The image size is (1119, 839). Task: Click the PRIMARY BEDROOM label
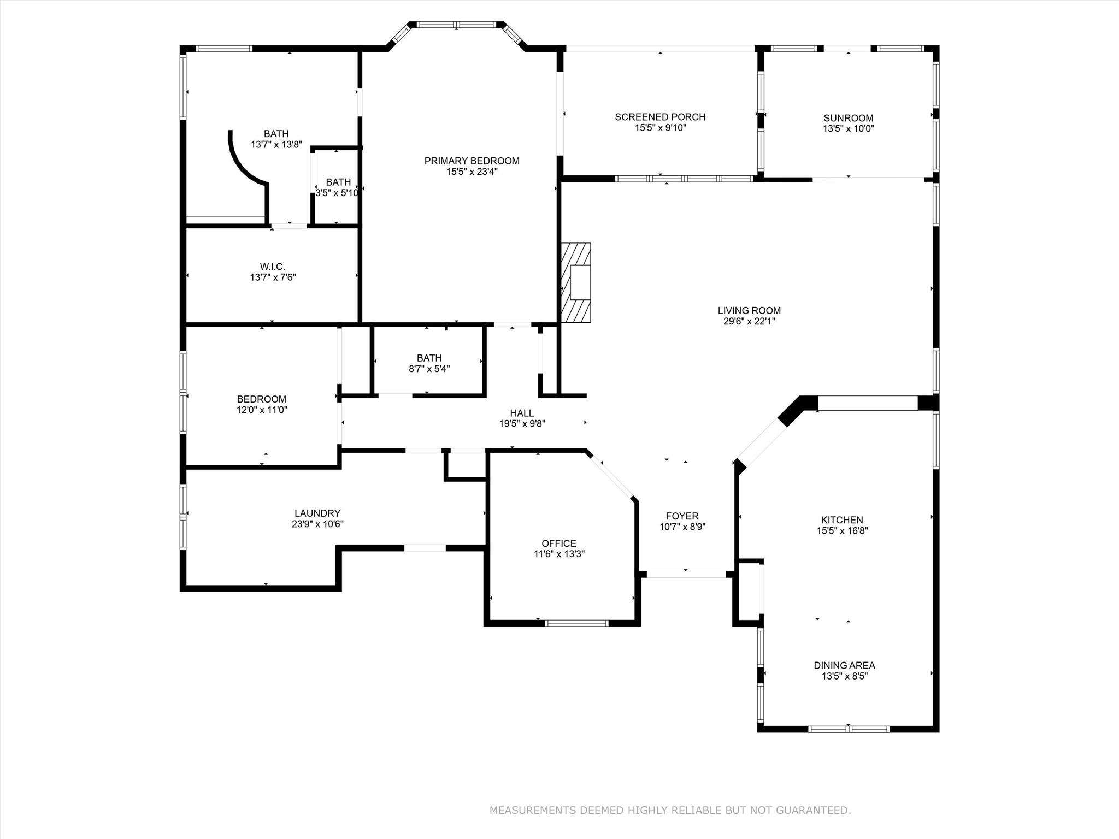pyautogui.click(x=472, y=161)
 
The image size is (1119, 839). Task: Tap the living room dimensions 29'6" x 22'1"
pyautogui.click(x=749, y=321)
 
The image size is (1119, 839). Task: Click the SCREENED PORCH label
pyautogui.click(x=660, y=117)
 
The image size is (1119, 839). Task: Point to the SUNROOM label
pyautogui.click(x=849, y=118)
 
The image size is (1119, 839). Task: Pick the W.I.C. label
pyautogui.click(x=272, y=267)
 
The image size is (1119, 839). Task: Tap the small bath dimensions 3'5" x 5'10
pyautogui.click(x=337, y=193)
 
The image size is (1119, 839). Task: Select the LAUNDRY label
pyautogui.click(x=317, y=513)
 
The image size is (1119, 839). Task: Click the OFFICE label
pyautogui.click(x=559, y=543)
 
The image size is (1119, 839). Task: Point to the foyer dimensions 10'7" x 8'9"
pyautogui.click(x=682, y=527)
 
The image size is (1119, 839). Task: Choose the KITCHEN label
pyautogui.click(x=842, y=520)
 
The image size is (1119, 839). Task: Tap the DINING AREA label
pyautogui.click(x=844, y=665)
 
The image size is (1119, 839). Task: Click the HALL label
pyautogui.click(x=522, y=413)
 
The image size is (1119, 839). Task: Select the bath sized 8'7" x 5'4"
pyautogui.click(x=429, y=363)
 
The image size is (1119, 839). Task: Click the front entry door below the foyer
pyautogui.click(x=686, y=574)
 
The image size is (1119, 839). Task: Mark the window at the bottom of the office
pyautogui.click(x=576, y=623)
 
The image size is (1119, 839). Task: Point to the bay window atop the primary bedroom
pyautogui.click(x=457, y=25)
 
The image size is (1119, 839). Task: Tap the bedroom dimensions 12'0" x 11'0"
pyautogui.click(x=262, y=410)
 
